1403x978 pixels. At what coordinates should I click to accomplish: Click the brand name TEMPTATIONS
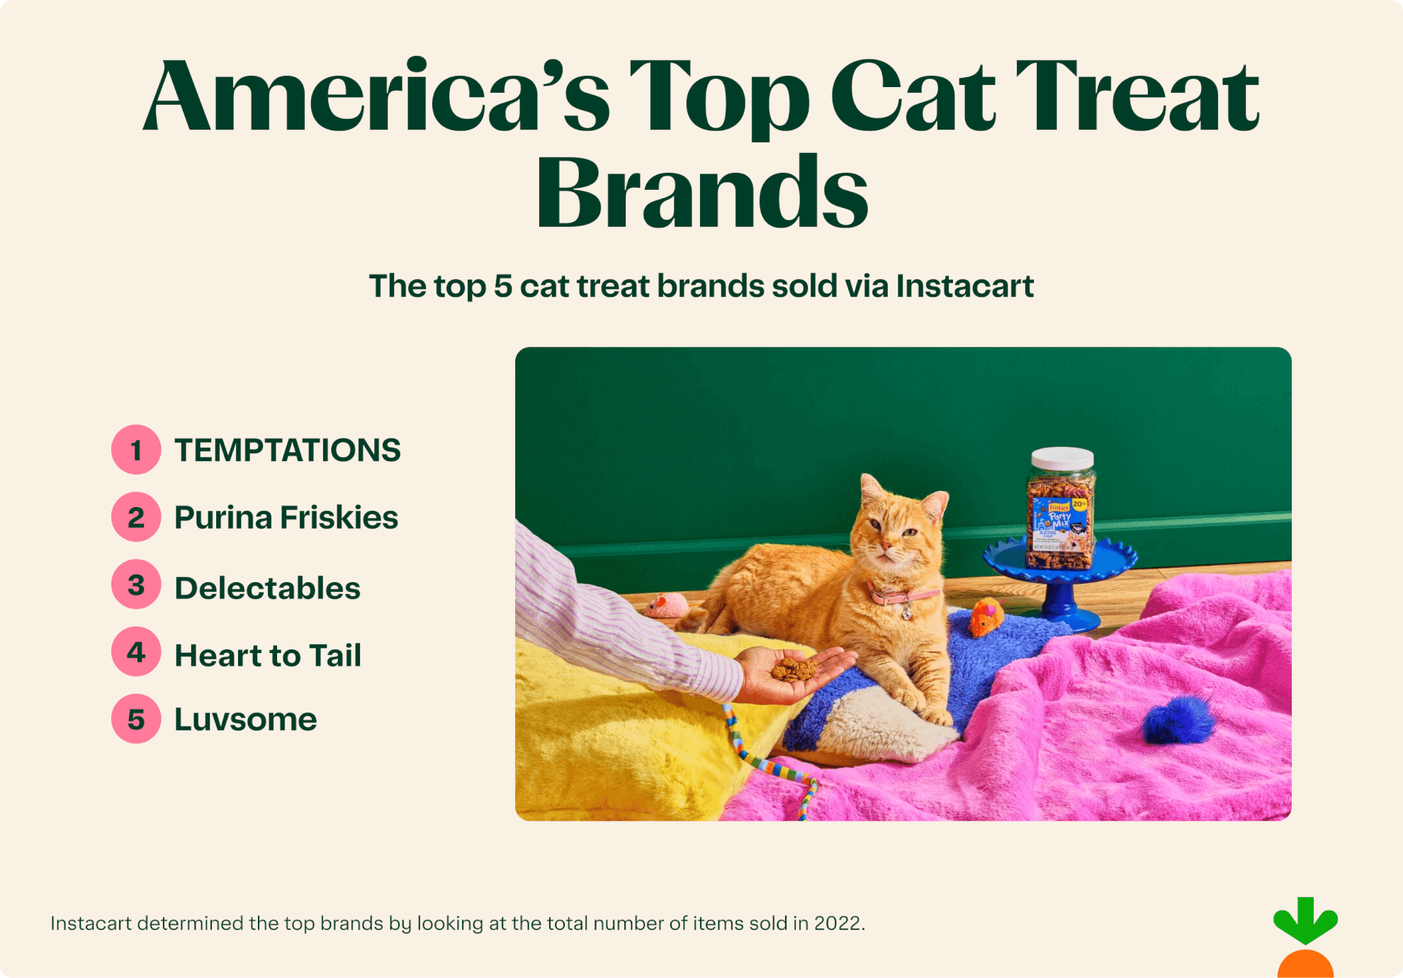[287, 450]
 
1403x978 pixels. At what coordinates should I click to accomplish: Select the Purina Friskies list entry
[286, 518]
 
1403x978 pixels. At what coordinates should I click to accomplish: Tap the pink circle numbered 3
[136, 585]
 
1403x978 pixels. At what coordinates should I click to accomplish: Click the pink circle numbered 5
[136, 720]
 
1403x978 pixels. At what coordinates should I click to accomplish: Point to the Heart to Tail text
[267, 656]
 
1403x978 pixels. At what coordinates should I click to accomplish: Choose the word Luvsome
[245, 720]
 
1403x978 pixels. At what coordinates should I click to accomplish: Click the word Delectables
[267, 588]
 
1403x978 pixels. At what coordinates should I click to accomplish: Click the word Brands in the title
[701, 193]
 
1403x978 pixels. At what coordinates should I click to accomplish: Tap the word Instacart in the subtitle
[964, 286]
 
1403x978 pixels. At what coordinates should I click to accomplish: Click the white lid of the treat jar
[1062, 457]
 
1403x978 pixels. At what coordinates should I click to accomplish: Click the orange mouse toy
[986, 616]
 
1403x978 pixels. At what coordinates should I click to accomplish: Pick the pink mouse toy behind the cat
[666, 606]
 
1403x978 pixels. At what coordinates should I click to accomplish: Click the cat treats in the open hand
[794, 669]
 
